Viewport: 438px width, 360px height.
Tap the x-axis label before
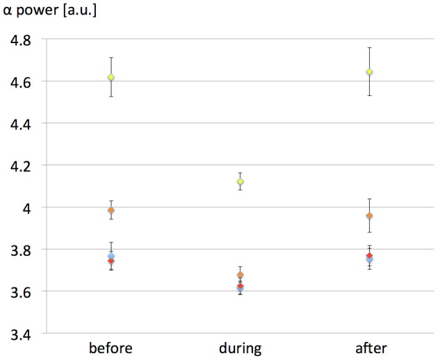coord(111,347)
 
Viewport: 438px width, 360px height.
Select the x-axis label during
coord(240,347)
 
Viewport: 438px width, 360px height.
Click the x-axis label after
coord(369,347)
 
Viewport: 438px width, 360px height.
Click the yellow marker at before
coord(111,77)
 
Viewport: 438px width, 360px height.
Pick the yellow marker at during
coord(240,181)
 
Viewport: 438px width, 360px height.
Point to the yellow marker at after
coord(369,72)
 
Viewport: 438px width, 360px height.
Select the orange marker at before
coord(111,210)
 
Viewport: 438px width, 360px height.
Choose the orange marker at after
coord(369,215)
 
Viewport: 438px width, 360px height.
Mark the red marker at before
coord(111,261)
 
